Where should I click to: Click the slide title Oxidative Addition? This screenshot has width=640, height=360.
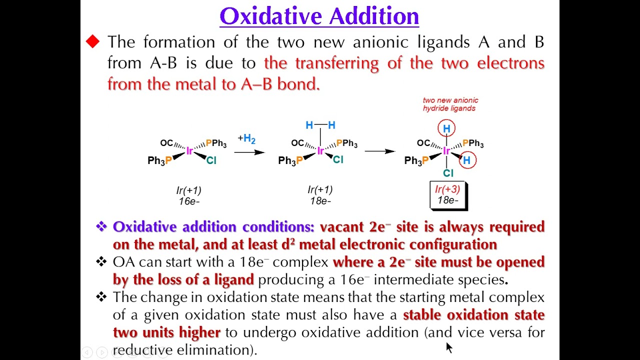319,16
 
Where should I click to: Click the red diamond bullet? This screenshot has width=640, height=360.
92,42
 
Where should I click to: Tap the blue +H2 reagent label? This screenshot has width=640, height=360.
246,138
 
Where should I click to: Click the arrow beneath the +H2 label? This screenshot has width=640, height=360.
249,151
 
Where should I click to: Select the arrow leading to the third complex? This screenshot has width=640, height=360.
379,150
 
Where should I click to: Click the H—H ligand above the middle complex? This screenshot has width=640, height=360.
320,125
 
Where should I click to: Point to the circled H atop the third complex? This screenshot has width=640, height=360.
446,129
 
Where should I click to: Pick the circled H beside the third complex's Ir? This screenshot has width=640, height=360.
467,160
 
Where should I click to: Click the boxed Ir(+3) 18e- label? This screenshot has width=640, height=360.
447,195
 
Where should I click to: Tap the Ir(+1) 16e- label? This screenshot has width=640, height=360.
189,195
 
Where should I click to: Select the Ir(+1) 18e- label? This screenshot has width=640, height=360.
320,195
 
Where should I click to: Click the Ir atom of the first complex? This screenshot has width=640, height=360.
189,151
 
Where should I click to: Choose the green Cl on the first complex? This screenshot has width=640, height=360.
211,160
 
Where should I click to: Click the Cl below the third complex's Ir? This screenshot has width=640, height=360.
448,173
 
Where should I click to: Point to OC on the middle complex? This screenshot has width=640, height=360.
297,143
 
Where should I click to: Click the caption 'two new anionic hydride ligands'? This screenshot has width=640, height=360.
450,104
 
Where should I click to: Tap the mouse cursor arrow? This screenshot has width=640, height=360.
448,347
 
